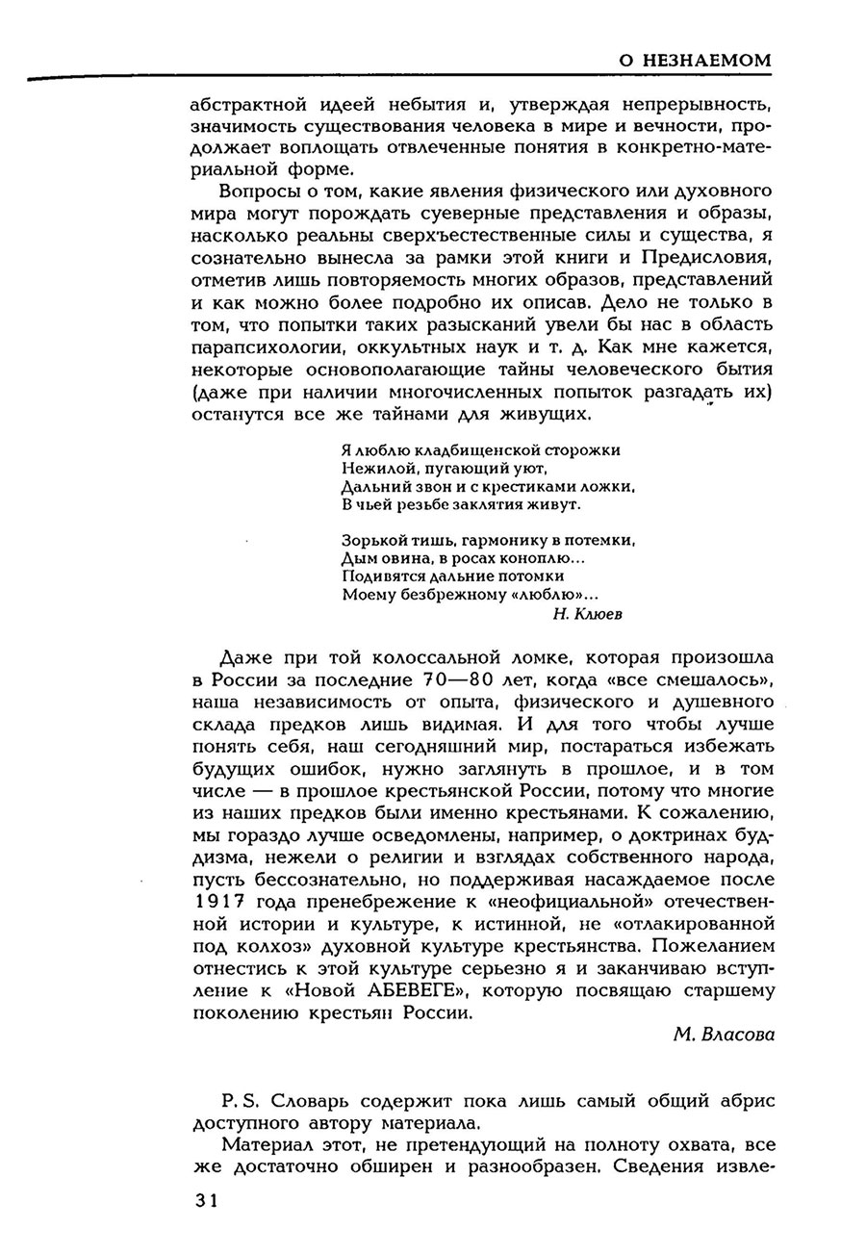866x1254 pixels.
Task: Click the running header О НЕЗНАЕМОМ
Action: tap(694, 61)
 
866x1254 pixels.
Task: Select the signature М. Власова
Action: tap(724, 1035)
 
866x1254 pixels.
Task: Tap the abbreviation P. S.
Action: tap(240, 1100)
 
